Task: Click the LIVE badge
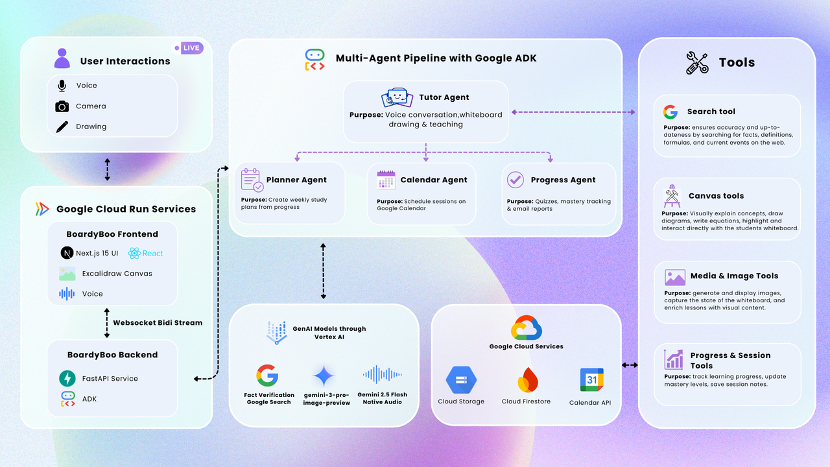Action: tap(189, 48)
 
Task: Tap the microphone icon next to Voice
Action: tap(62, 86)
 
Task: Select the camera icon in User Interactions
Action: tap(62, 106)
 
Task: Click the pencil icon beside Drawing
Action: tap(62, 126)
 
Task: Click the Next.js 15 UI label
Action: tap(97, 253)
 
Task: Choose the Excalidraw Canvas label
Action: tap(117, 274)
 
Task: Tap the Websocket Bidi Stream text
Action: tap(158, 322)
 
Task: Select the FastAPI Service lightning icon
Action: tap(67, 378)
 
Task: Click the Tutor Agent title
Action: tap(444, 97)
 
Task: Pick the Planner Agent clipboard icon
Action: tap(252, 180)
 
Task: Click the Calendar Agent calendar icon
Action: tap(386, 180)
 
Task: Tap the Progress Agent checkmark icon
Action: tap(516, 180)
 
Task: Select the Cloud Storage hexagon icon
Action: tap(461, 380)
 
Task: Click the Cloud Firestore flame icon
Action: tap(526, 380)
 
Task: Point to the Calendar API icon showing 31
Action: tap(591, 380)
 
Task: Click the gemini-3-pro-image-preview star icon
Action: tap(324, 376)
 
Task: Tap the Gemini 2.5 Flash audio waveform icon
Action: tap(382, 374)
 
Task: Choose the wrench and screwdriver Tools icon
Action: tap(698, 63)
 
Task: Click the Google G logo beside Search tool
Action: tap(670, 112)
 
